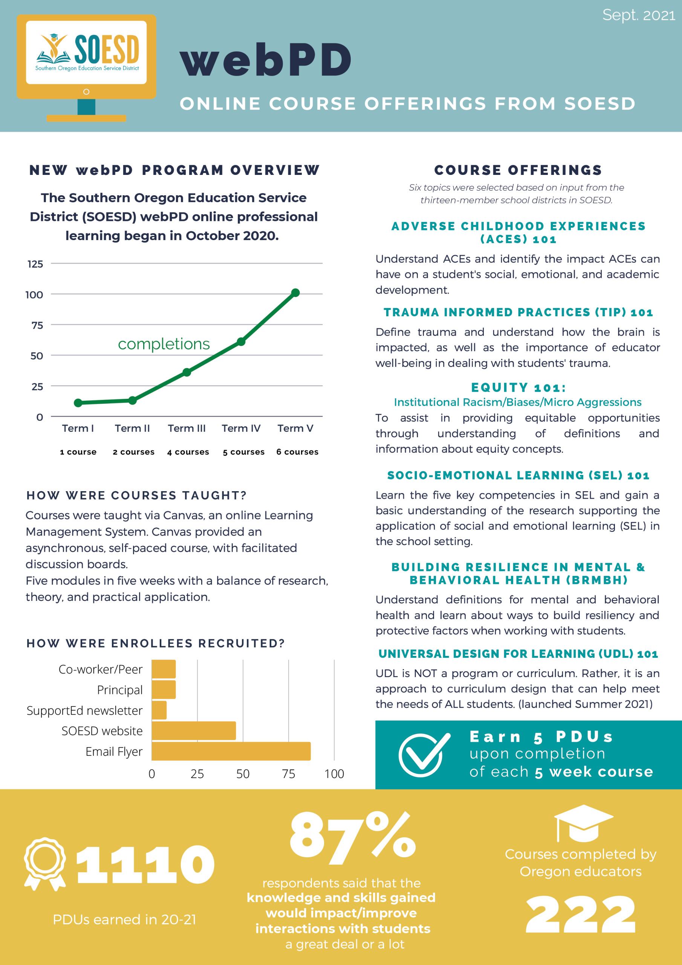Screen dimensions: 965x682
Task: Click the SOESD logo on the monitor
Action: [x=87, y=52]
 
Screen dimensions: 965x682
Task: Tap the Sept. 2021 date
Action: [x=638, y=15]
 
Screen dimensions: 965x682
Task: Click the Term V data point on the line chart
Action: [x=295, y=293]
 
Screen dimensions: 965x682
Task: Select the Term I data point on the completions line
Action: [x=78, y=403]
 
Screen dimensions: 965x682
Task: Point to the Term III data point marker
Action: [x=187, y=372]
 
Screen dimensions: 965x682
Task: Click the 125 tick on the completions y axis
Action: [x=35, y=264]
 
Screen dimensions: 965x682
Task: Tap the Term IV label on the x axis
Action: [x=241, y=428]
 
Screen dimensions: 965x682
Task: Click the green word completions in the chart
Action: [x=164, y=344]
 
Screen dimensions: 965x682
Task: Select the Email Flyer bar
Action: [x=231, y=751]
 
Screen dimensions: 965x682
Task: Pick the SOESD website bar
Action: [x=194, y=731]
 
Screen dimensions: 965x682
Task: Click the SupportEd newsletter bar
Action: [x=159, y=710]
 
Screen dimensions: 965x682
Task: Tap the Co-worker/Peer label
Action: [x=101, y=669]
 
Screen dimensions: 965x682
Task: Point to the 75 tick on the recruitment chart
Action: [x=288, y=774]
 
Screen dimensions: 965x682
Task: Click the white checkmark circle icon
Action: [x=423, y=755]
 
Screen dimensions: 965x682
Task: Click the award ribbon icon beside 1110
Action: [x=44, y=864]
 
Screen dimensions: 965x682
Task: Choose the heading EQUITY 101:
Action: [x=518, y=388]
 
